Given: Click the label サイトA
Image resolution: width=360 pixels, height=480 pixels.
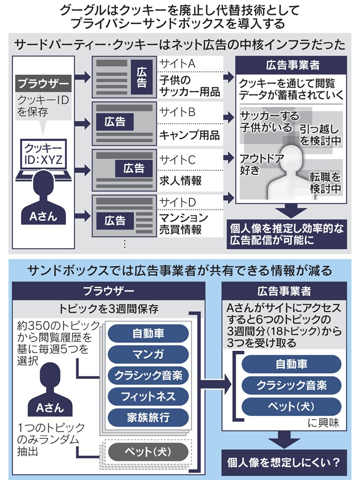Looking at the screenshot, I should tap(177, 64).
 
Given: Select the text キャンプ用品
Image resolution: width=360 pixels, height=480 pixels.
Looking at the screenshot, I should tap(189, 134).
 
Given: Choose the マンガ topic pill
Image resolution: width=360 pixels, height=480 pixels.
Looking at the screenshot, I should tap(148, 354).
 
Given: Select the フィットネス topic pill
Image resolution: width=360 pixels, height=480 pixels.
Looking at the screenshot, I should tap(148, 396).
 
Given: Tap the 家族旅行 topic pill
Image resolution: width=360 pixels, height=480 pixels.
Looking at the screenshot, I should tap(148, 417).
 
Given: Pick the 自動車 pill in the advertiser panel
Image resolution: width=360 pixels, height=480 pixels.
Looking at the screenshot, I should tap(291, 364).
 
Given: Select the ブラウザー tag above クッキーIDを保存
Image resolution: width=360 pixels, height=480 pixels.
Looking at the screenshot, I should tap(43, 84).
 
